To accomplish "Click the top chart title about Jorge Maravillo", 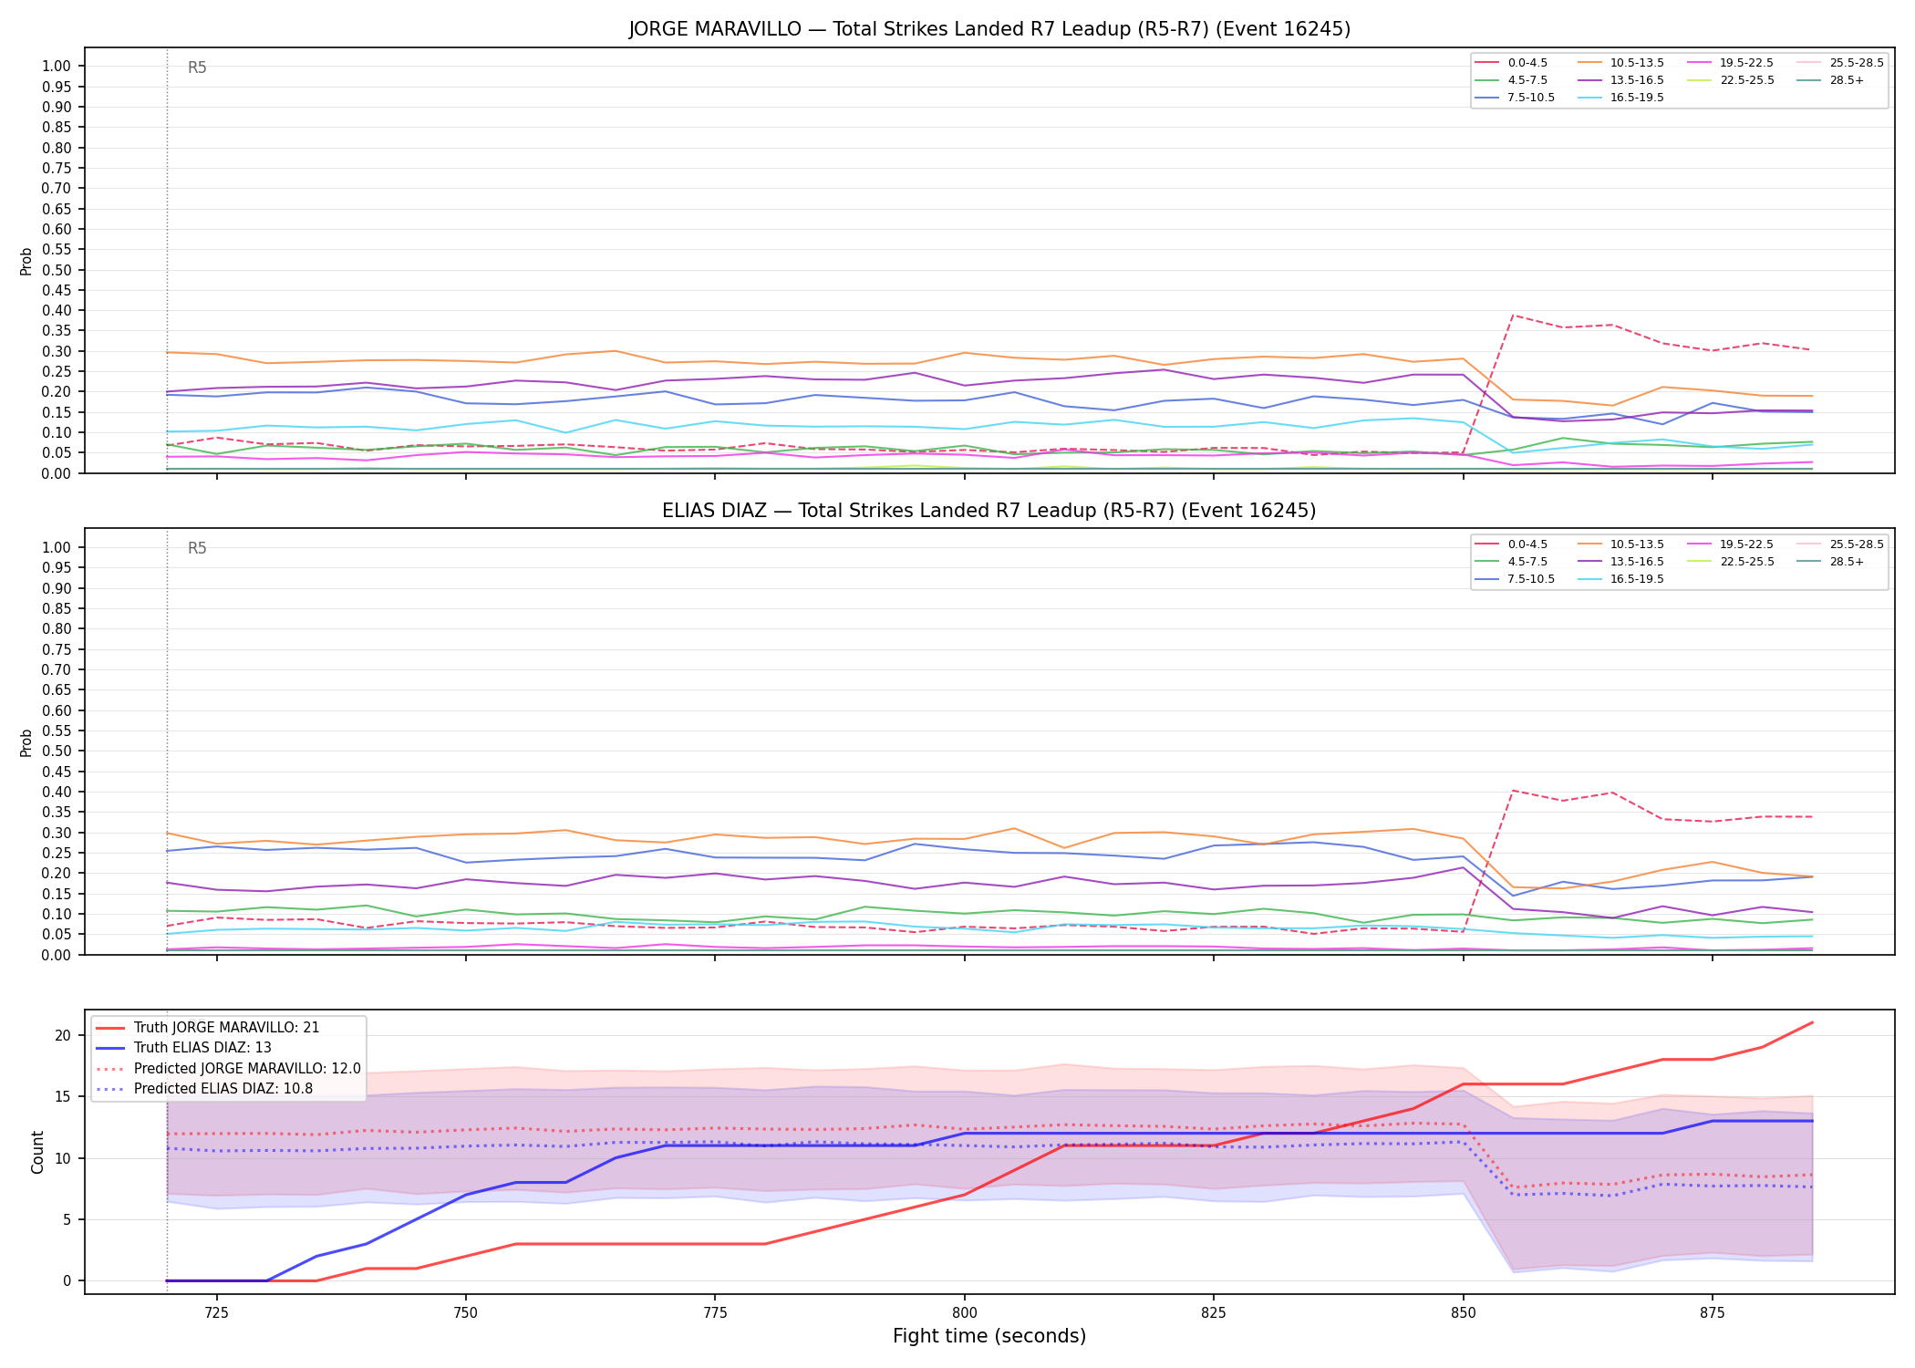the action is pos(989,29).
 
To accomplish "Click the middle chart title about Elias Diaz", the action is pos(989,511).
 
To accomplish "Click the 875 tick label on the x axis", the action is pos(1713,1313).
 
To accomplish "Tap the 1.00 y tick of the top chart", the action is pos(57,66).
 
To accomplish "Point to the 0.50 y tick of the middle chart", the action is pos(57,751).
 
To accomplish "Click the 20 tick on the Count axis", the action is pos(63,1035).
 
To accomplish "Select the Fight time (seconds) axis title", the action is pos(989,1337).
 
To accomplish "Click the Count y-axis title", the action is pos(37,1152).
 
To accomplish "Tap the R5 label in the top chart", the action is pos(197,67).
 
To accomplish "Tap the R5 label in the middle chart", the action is pos(197,548).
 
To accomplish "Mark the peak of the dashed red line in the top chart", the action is pos(1514,316).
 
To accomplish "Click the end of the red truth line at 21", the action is pos(1812,1022).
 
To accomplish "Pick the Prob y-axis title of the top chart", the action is pos(26,262).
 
